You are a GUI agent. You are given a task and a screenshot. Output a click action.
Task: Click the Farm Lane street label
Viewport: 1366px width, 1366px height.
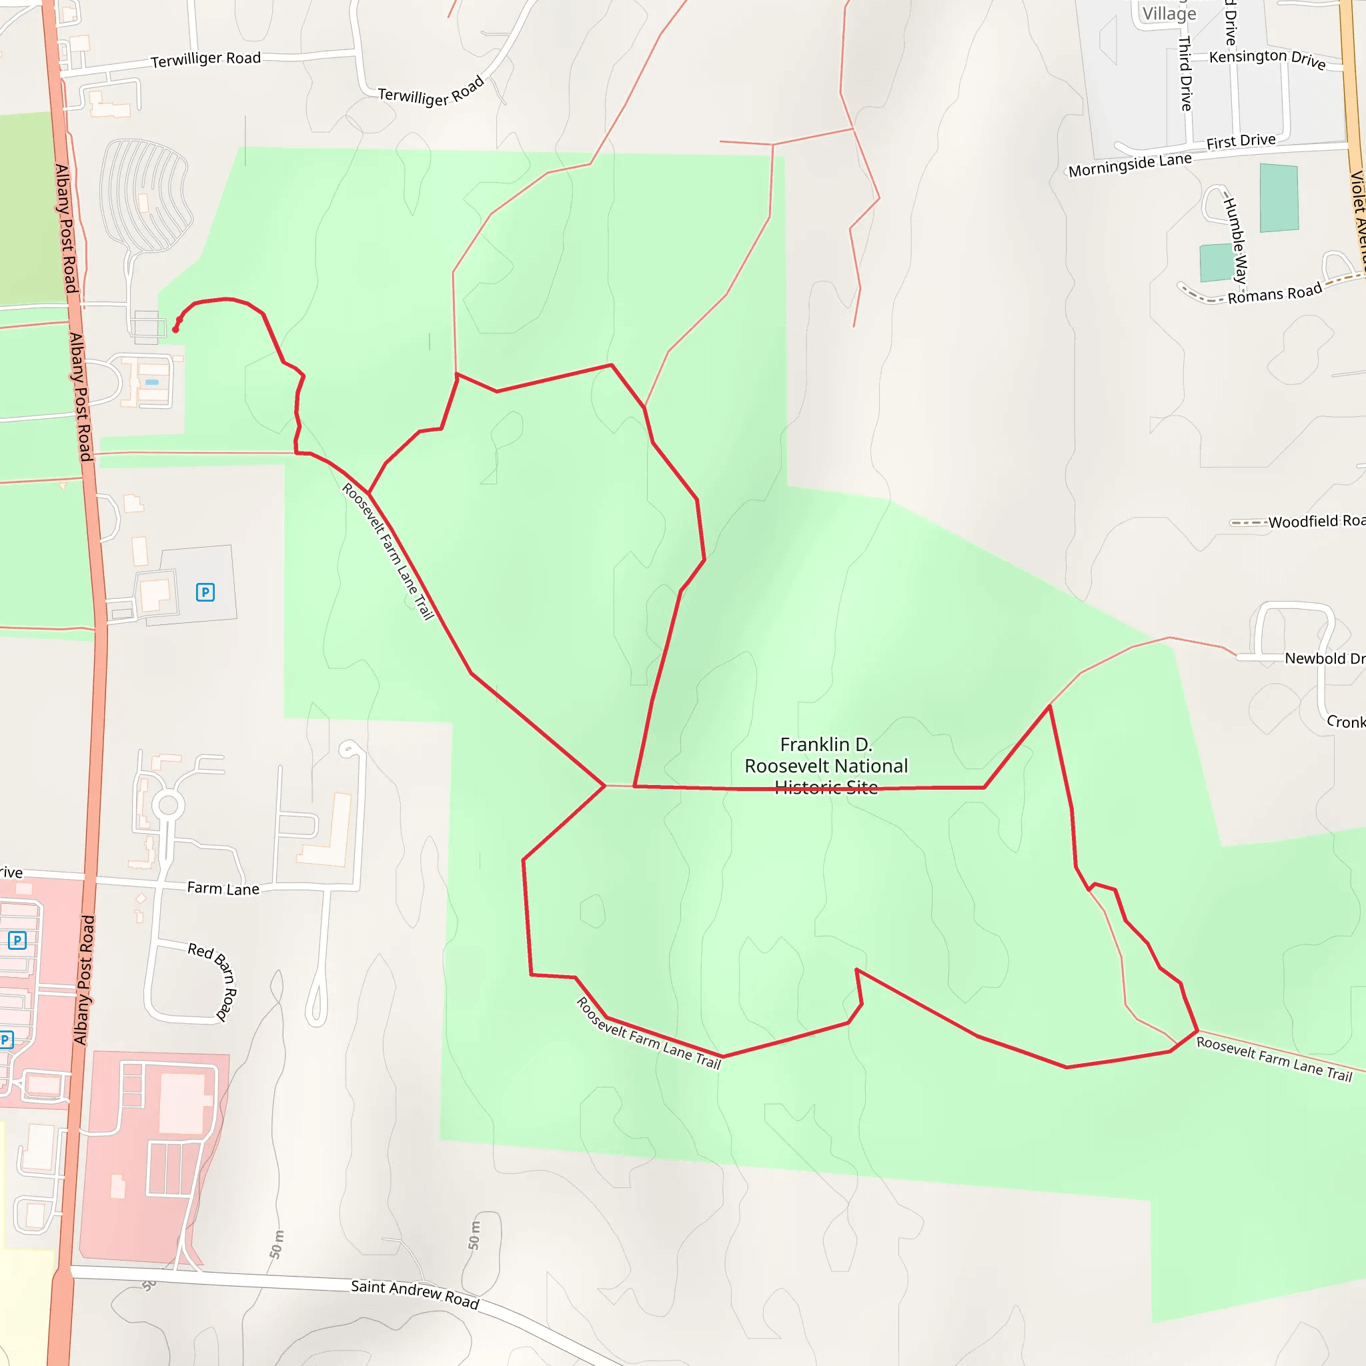click(223, 888)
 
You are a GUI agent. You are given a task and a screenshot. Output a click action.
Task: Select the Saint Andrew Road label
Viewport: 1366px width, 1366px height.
click(415, 1293)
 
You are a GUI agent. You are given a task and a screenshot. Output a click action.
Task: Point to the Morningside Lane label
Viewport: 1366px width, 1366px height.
click(1129, 165)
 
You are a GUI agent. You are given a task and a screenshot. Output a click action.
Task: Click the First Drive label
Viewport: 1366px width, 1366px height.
click(1241, 141)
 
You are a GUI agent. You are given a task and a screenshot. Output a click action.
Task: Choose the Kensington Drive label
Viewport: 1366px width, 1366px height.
click(1267, 59)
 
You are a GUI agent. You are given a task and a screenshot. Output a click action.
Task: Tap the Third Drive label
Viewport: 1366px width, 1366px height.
click(1186, 73)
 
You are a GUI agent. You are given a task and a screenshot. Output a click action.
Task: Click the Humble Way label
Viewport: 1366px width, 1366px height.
click(1235, 240)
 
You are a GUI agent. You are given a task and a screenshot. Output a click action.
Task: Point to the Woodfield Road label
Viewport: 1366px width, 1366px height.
click(1316, 522)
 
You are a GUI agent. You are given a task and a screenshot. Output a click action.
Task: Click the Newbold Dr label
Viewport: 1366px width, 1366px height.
click(1323, 658)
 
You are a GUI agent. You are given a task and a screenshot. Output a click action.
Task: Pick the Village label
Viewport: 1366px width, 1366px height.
click(1169, 14)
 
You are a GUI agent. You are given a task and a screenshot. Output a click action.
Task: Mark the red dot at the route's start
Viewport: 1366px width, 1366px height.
click(175, 329)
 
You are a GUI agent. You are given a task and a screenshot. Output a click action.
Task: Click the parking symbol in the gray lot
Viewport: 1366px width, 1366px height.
click(205, 592)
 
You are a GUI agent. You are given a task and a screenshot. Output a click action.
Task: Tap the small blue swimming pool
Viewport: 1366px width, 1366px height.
click(152, 382)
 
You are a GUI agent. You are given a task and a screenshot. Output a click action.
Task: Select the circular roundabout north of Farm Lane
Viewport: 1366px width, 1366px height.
click(168, 804)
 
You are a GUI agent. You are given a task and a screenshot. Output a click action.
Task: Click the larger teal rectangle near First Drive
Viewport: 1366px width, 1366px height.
click(1279, 198)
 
